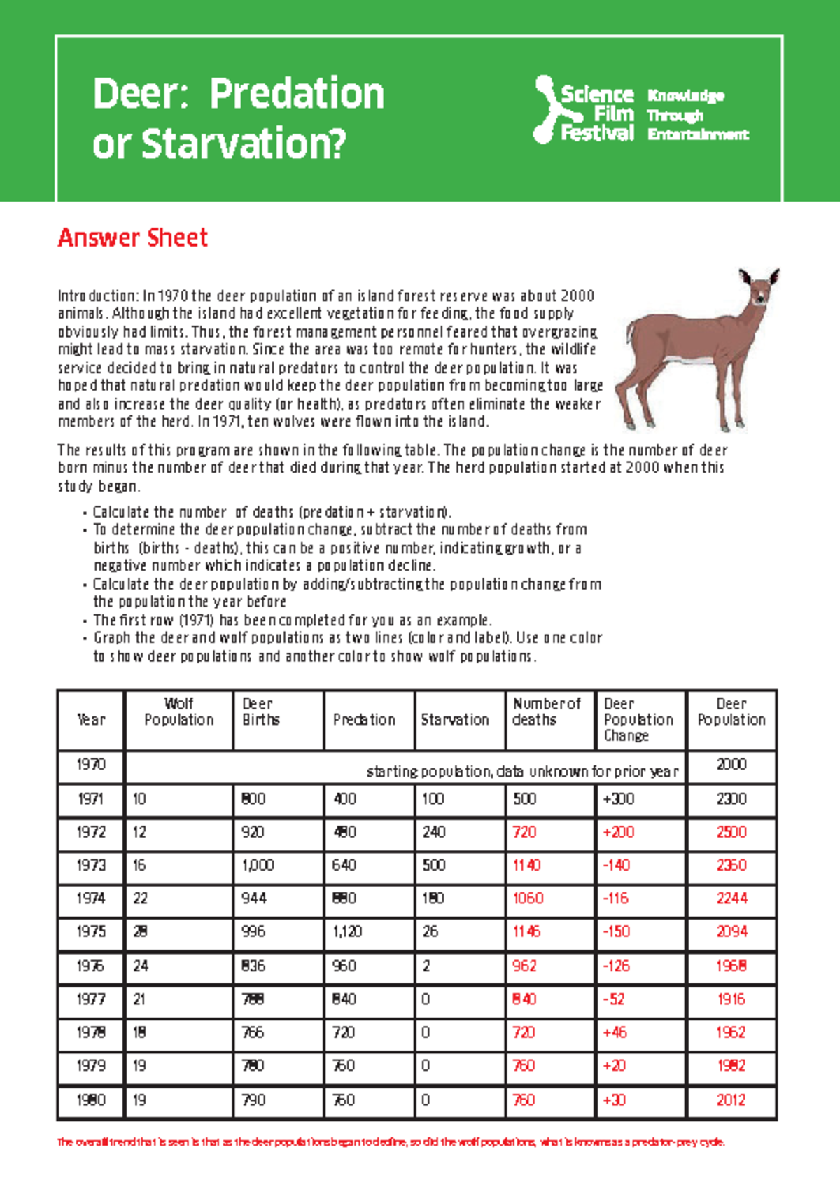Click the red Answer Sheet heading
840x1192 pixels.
coord(132,238)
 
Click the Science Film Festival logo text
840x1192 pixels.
coord(596,113)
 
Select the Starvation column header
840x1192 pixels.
coord(455,720)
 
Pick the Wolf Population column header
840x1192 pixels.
coord(178,712)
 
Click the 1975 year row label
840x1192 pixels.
coord(91,932)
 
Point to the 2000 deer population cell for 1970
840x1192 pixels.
coord(731,765)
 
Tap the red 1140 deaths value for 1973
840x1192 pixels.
coord(526,866)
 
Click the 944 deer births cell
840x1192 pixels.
coord(253,899)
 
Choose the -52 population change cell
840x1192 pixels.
coord(614,999)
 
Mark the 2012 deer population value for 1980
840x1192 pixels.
coord(731,1100)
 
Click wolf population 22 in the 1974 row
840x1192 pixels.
coord(141,899)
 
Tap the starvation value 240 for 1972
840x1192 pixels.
coord(433,832)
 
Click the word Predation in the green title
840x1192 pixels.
coord(297,94)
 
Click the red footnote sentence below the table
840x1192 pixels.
coord(391,1142)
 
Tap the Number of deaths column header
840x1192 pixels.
coord(546,712)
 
